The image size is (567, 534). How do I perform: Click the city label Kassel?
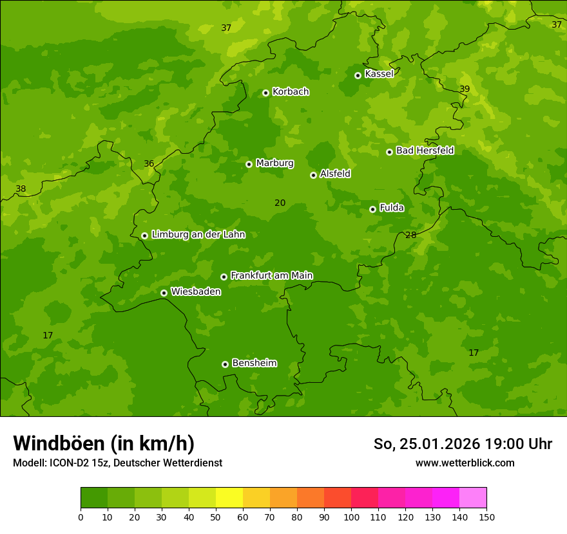point(379,74)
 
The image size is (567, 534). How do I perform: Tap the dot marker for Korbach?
point(265,93)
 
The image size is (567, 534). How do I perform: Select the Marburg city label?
point(274,163)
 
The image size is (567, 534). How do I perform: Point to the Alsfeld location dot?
point(313,175)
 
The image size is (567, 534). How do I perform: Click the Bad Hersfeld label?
point(425,151)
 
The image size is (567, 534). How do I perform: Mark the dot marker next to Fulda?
point(372,209)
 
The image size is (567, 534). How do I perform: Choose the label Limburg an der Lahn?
point(198,235)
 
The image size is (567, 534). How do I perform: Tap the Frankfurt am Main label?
point(271,275)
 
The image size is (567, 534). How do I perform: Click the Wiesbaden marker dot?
point(164,293)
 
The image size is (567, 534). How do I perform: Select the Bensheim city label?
point(254,363)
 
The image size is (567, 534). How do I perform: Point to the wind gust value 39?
point(465,89)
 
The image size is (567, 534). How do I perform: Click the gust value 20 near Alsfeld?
point(280,203)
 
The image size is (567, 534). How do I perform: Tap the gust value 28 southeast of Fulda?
point(410,235)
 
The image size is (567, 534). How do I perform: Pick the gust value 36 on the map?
point(149,163)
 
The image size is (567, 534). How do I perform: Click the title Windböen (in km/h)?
point(104,443)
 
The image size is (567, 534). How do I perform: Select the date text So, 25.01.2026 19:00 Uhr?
point(463,444)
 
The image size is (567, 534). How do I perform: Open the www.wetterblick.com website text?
point(465,463)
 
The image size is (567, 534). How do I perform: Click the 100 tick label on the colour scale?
point(351,517)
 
